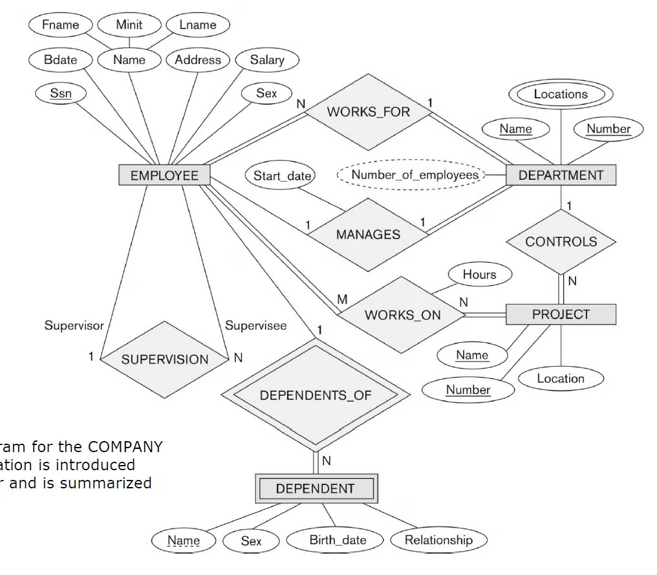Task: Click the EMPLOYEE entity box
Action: click(x=164, y=175)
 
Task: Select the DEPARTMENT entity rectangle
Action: click(x=561, y=175)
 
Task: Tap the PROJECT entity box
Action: click(x=561, y=314)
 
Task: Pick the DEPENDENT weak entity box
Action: click(x=315, y=488)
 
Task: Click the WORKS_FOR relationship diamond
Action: click(x=368, y=112)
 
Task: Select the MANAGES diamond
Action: click(x=368, y=234)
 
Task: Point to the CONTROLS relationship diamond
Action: click(x=561, y=242)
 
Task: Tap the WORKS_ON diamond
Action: click(x=402, y=315)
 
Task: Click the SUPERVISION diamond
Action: click(x=165, y=360)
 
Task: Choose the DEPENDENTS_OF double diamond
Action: click(x=316, y=395)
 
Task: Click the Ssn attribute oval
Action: click(x=61, y=93)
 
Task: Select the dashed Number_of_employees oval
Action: click(x=415, y=175)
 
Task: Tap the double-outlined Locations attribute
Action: click(x=561, y=94)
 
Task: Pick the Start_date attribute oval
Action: click(x=281, y=176)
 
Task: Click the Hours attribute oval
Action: click(x=479, y=275)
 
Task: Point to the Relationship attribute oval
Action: click(x=438, y=540)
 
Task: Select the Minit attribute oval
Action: click(x=129, y=25)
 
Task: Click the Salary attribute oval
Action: click(x=266, y=60)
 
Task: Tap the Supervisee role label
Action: click(x=255, y=326)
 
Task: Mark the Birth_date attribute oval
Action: click(x=337, y=540)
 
